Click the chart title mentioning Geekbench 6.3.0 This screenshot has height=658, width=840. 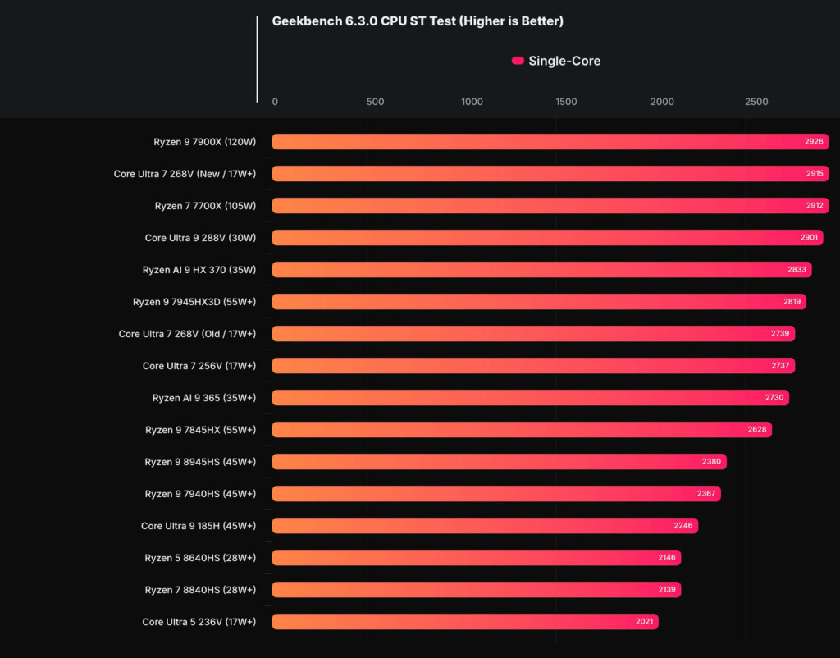[418, 21]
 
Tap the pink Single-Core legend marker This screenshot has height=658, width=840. [518, 61]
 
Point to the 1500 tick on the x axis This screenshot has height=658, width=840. [566, 102]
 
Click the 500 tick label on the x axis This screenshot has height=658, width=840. [375, 102]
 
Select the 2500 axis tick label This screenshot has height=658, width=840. [756, 102]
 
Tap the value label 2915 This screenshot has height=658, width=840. [815, 174]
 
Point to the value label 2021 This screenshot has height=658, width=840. [645, 622]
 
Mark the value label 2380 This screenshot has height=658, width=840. [711, 462]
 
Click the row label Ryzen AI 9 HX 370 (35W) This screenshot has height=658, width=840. [199, 270]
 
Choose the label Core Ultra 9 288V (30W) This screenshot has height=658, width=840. [200, 238]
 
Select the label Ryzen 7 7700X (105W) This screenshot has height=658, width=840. [205, 206]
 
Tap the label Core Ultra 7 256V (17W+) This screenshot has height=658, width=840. [199, 366]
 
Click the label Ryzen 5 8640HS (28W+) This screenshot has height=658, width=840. [200, 558]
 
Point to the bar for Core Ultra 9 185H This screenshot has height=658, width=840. [484, 526]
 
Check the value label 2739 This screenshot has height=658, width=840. [780, 334]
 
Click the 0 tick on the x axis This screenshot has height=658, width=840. [275, 102]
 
